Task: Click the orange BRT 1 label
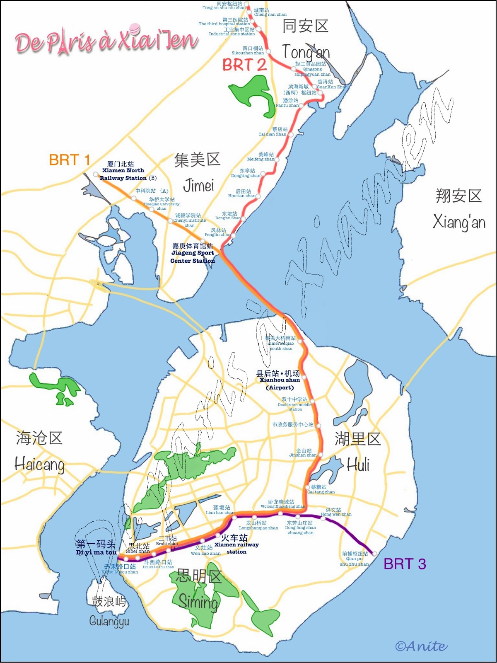[x=69, y=160]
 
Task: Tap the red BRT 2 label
[x=244, y=65]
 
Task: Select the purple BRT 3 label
[x=405, y=564]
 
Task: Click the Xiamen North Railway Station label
[x=123, y=171]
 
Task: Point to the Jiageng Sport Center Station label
[x=193, y=253]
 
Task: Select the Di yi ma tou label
[x=96, y=548]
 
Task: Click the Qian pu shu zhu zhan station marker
[x=374, y=554]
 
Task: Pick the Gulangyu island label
[x=109, y=611]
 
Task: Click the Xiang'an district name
[x=459, y=209]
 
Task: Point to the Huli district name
[x=358, y=452]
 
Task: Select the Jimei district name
[x=198, y=172]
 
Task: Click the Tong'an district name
[x=306, y=39]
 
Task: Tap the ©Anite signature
[x=421, y=646]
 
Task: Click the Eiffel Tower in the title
[x=63, y=41]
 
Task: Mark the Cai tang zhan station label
[x=321, y=489]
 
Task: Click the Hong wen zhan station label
[x=335, y=512]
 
